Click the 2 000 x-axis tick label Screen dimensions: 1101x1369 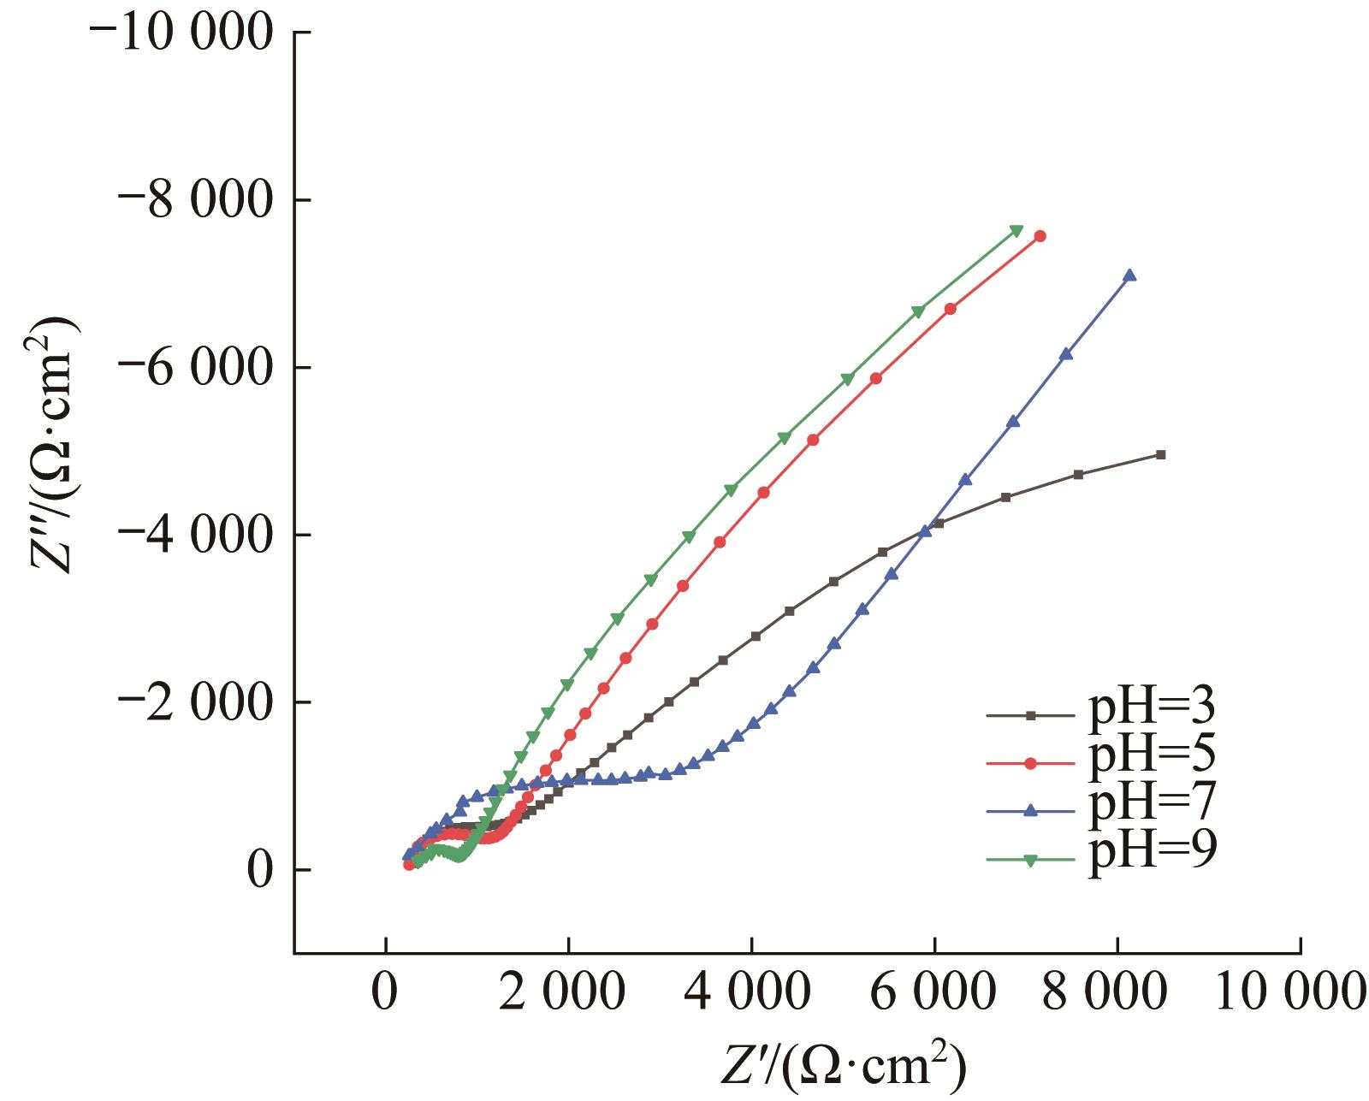tap(568, 996)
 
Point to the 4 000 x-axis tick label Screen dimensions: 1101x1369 tap(751, 996)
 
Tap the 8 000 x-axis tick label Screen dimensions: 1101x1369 tap(1117, 996)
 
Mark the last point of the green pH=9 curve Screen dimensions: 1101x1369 tap(1016, 230)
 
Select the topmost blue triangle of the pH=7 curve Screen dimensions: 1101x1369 tap(1129, 275)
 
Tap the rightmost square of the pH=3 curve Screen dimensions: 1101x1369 tap(1161, 454)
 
